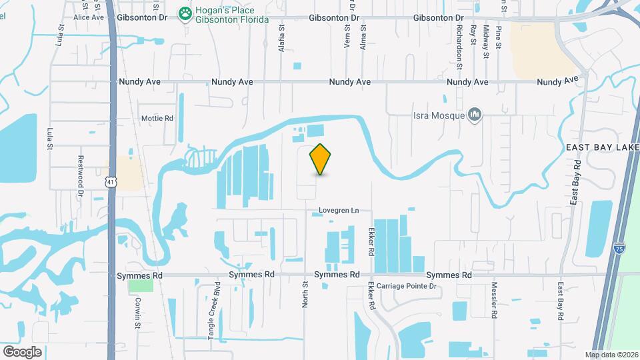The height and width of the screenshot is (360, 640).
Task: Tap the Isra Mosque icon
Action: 475,116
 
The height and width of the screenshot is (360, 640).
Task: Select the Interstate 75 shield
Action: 619,248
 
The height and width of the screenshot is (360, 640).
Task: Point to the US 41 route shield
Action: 111,181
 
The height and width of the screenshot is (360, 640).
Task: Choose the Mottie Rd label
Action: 157,119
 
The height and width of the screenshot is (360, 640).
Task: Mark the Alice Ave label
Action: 89,17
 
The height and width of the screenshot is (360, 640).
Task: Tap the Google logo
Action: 22,351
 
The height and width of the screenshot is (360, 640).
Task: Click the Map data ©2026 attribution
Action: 611,355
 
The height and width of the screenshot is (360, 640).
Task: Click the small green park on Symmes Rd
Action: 140,285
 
